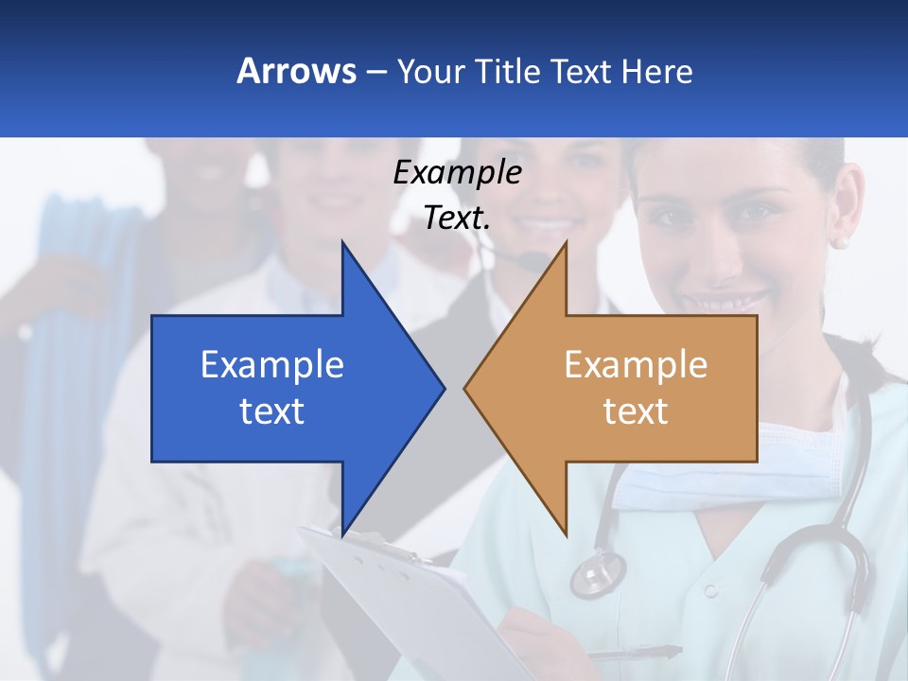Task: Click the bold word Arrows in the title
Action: click(x=297, y=71)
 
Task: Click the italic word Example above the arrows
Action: click(x=457, y=173)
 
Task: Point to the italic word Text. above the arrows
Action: click(x=457, y=218)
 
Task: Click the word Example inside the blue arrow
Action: click(x=272, y=365)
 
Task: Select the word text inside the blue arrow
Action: click(x=272, y=411)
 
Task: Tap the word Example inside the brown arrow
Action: click(x=636, y=365)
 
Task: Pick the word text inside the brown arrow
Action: click(x=636, y=411)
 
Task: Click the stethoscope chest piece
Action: click(x=598, y=573)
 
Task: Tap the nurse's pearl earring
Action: click(x=838, y=242)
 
